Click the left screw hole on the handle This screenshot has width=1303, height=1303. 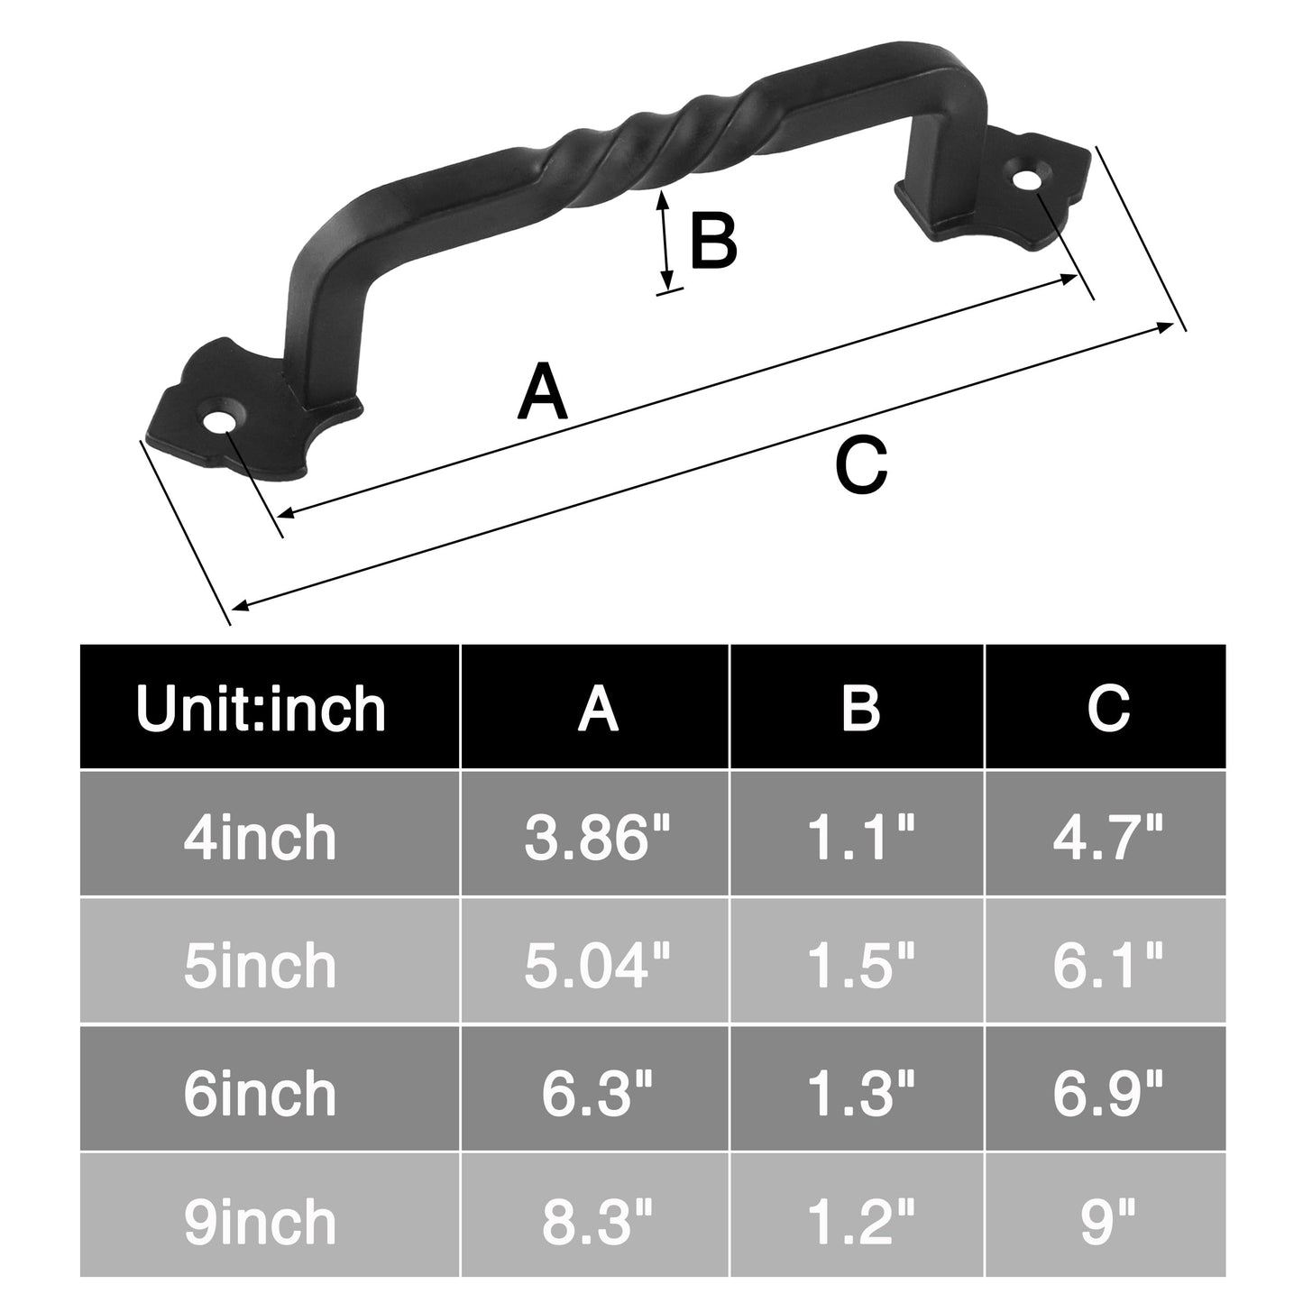(218, 422)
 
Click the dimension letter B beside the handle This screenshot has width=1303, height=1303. (712, 242)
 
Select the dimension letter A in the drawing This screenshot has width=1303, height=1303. (543, 393)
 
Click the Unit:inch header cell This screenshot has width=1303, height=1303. (262, 708)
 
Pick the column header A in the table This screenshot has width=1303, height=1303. (598, 708)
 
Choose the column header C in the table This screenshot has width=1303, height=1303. (1108, 708)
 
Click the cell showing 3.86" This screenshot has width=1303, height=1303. (596, 837)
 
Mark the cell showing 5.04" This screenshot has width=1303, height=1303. (596, 965)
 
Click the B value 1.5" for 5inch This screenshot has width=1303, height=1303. (858, 965)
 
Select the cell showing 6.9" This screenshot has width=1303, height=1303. (1108, 1093)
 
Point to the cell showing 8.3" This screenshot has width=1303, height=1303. (596, 1221)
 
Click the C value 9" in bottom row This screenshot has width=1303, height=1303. (1108, 1221)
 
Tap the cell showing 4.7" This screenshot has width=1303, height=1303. (1108, 837)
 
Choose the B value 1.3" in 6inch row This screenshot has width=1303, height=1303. (858, 1093)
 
